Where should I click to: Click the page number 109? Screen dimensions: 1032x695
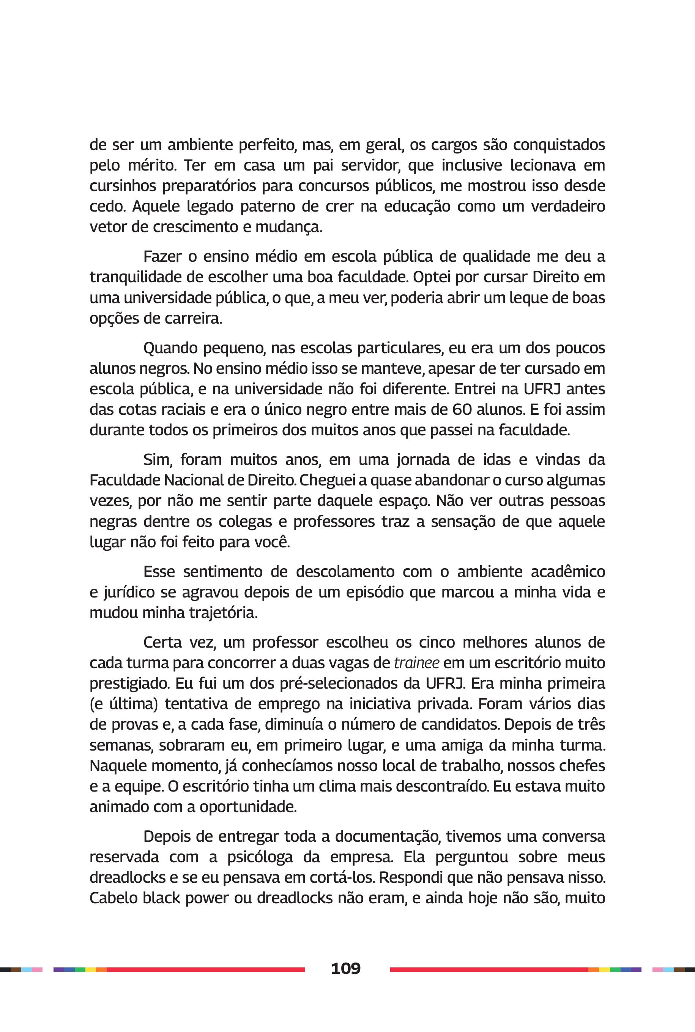[346, 968]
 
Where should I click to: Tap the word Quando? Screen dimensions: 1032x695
[170, 348]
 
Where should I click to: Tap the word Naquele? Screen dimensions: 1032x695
[117, 766]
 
